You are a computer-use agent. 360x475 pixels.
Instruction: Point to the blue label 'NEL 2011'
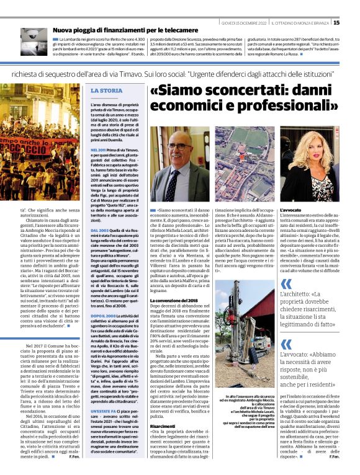(99, 149)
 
